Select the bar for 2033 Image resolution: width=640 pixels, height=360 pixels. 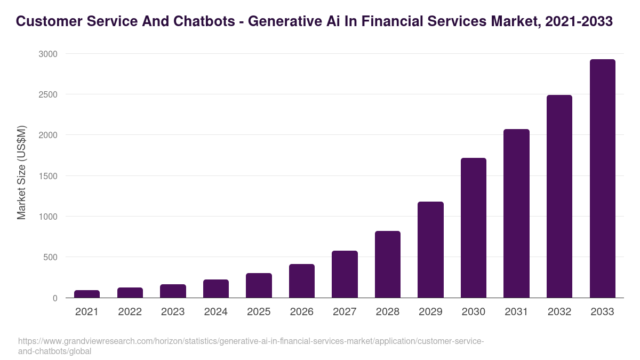pyautogui.click(x=602, y=179)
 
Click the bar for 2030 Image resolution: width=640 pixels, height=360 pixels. pyautogui.click(x=474, y=228)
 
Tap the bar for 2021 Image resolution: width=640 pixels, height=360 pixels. pyautogui.click(x=87, y=294)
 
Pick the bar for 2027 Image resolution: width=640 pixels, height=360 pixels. pyautogui.click(x=345, y=274)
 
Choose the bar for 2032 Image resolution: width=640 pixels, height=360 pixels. pyautogui.click(x=559, y=196)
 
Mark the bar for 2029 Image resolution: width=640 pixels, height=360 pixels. pyautogui.click(x=430, y=250)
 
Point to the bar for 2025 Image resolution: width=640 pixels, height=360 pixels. pyautogui.click(x=259, y=285)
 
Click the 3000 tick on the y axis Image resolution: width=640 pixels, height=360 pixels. pyautogui.click(x=47, y=54)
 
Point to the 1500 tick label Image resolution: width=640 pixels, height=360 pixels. pyautogui.click(x=47, y=176)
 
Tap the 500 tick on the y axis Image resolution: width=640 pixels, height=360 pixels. pyautogui.click(x=49, y=257)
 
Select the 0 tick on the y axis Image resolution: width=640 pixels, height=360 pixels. pyautogui.click(x=54, y=298)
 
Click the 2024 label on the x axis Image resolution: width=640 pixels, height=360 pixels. pyautogui.click(x=215, y=312)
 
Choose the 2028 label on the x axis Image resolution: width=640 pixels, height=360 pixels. pyautogui.click(x=387, y=312)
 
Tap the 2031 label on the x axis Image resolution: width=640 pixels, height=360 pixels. pyautogui.click(x=516, y=312)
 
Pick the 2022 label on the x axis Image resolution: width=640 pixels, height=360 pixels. pyautogui.click(x=130, y=312)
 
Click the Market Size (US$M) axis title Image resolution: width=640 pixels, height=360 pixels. pyautogui.click(x=21, y=172)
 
